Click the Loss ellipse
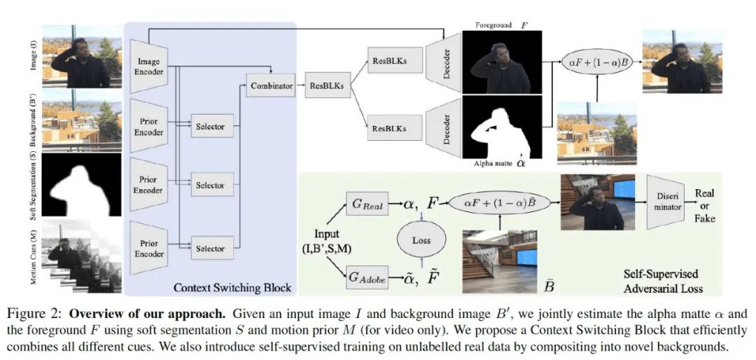tap(421, 239)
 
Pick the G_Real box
tap(367, 205)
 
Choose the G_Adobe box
tap(367, 277)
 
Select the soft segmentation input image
tap(80, 185)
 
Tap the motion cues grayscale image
tap(80, 256)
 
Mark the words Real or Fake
tap(705, 205)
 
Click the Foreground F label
tap(501, 25)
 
